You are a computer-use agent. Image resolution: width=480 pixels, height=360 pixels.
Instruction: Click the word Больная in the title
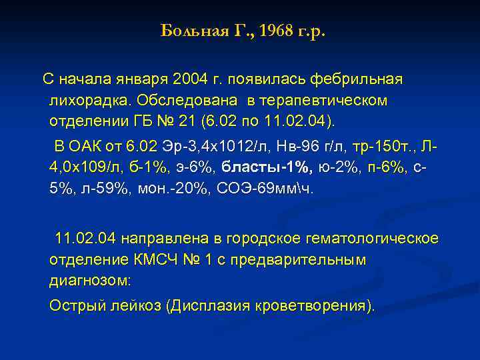click(190, 31)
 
